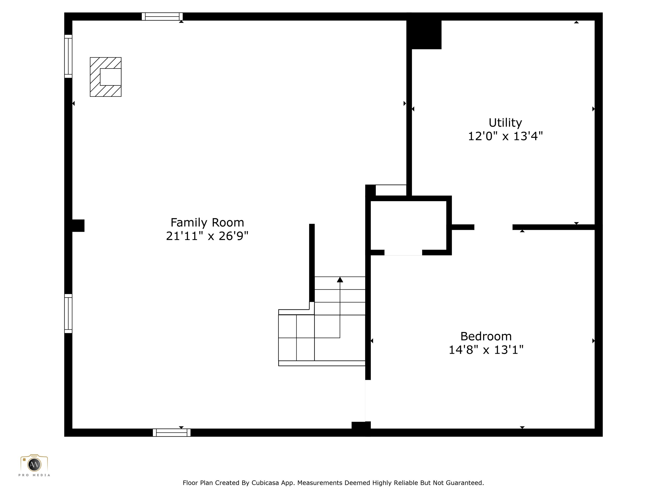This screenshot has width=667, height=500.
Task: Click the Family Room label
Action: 207,222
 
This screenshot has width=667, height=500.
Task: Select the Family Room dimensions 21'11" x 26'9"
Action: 207,236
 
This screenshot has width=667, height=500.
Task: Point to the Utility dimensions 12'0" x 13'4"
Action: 505,136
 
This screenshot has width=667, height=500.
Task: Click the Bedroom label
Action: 486,336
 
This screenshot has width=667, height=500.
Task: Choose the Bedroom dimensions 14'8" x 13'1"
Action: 486,350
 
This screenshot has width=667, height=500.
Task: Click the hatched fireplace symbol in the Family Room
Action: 106,77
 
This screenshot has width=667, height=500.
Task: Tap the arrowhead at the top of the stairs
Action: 340,279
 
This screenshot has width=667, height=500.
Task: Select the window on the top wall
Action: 162,16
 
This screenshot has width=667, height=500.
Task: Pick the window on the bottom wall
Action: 172,433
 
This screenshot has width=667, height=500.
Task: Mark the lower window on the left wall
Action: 68,313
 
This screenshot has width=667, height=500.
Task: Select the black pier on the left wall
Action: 78,225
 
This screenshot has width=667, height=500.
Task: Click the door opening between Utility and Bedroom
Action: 493,227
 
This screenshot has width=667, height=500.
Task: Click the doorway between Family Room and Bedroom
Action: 368,401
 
